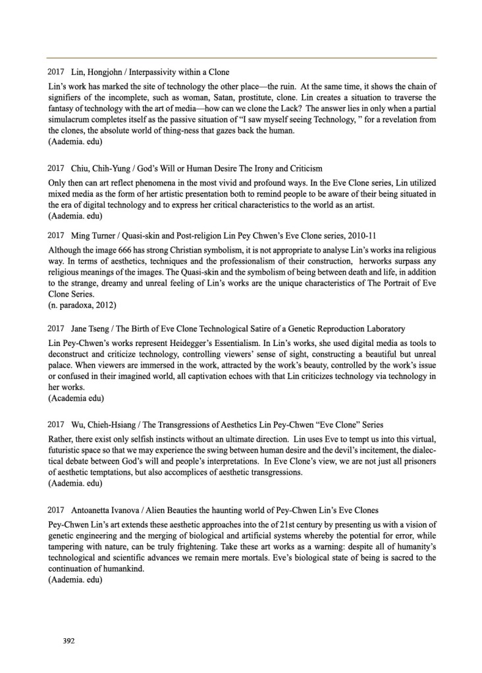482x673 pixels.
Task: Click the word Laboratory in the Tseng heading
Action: (383, 328)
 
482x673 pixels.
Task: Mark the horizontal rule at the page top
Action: (241, 58)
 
